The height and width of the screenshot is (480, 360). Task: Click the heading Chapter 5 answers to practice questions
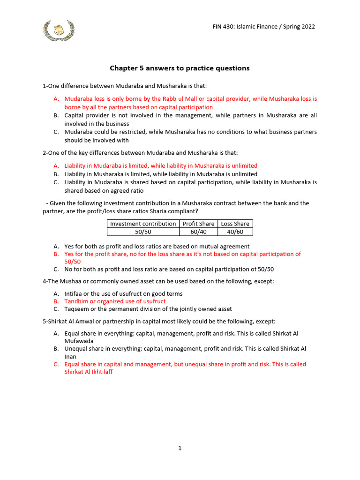pyautogui.click(x=180, y=68)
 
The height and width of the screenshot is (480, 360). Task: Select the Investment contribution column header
pyautogui.click(x=143, y=224)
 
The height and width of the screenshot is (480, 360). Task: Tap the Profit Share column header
pyautogui.click(x=198, y=224)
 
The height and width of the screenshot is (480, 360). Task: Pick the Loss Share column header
pyautogui.click(x=235, y=224)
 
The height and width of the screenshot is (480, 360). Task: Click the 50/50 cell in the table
pyautogui.click(x=143, y=232)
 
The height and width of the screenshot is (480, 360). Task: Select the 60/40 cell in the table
pyautogui.click(x=198, y=232)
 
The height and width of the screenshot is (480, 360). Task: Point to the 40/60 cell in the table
pyautogui.click(x=235, y=232)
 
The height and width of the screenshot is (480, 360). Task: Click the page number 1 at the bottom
pyautogui.click(x=180, y=448)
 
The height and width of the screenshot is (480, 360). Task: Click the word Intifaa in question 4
pyautogui.click(x=74, y=294)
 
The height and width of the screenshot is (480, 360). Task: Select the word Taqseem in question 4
pyautogui.click(x=76, y=309)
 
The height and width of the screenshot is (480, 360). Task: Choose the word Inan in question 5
pyautogui.click(x=70, y=357)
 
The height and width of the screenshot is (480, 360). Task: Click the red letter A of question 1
pyautogui.click(x=56, y=99)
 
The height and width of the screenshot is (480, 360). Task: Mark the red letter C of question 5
pyautogui.click(x=56, y=364)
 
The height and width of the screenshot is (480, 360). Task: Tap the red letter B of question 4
pyautogui.click(x=56, y=301)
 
